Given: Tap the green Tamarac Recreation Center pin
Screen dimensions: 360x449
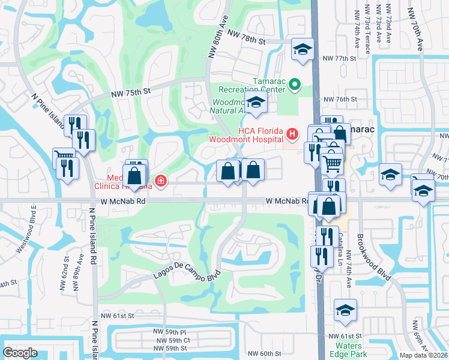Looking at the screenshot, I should (294, 85).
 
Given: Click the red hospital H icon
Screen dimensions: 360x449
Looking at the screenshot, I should (292, 133).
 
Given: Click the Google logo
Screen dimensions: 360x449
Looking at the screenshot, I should (20, 352).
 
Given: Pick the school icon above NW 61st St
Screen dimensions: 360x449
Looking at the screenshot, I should (345, 310).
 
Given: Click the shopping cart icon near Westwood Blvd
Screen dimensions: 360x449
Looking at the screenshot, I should (64, 157).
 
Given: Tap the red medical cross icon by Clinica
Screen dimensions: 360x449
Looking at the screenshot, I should (160, 180).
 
